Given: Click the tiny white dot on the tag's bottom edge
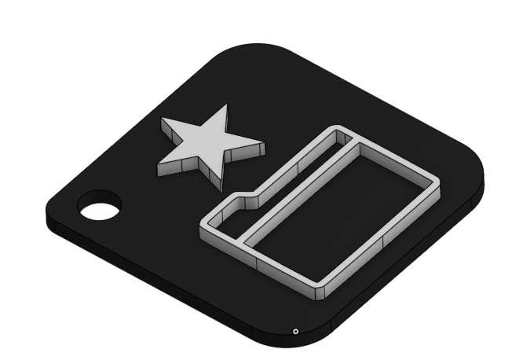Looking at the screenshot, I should point(294,331).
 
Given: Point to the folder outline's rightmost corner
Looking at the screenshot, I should point(437,186).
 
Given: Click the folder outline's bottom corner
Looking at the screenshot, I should point(317,292).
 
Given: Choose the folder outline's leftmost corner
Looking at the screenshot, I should point(206,221).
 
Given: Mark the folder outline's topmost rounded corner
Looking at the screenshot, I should point(339,127).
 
